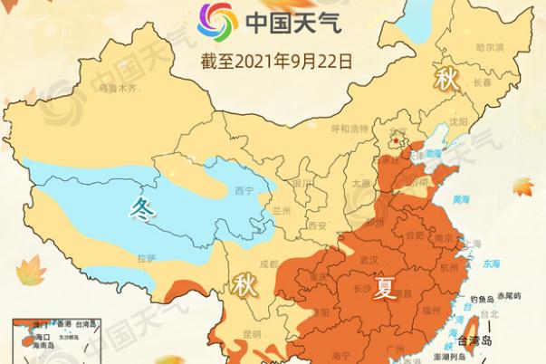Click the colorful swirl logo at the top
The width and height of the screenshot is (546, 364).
click(x=217, y=20)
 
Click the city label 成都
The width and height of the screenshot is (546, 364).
click(x=268, y=264)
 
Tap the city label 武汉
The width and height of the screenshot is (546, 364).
click(x=369, y=260)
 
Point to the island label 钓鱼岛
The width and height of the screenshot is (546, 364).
click(x=479, y=298)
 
